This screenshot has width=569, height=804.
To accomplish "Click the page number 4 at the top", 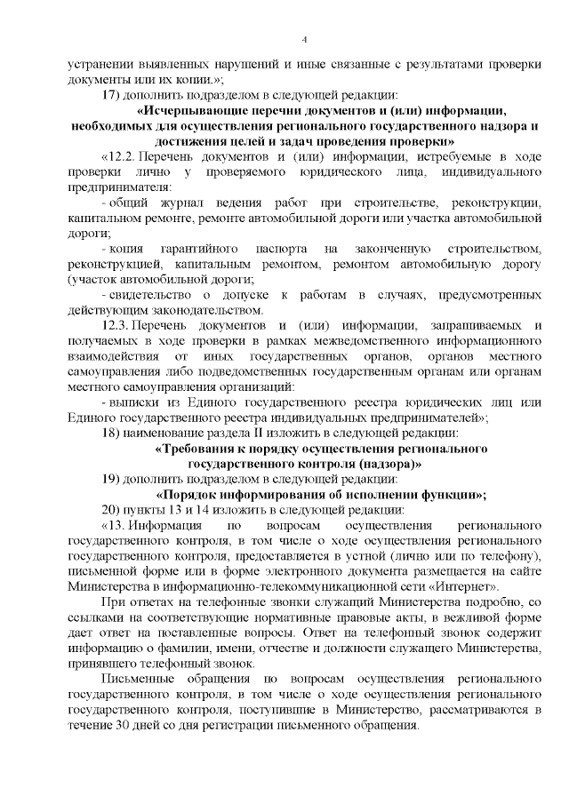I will click(x=304, y=40).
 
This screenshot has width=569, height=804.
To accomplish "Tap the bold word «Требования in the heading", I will click(x=196, y=449).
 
